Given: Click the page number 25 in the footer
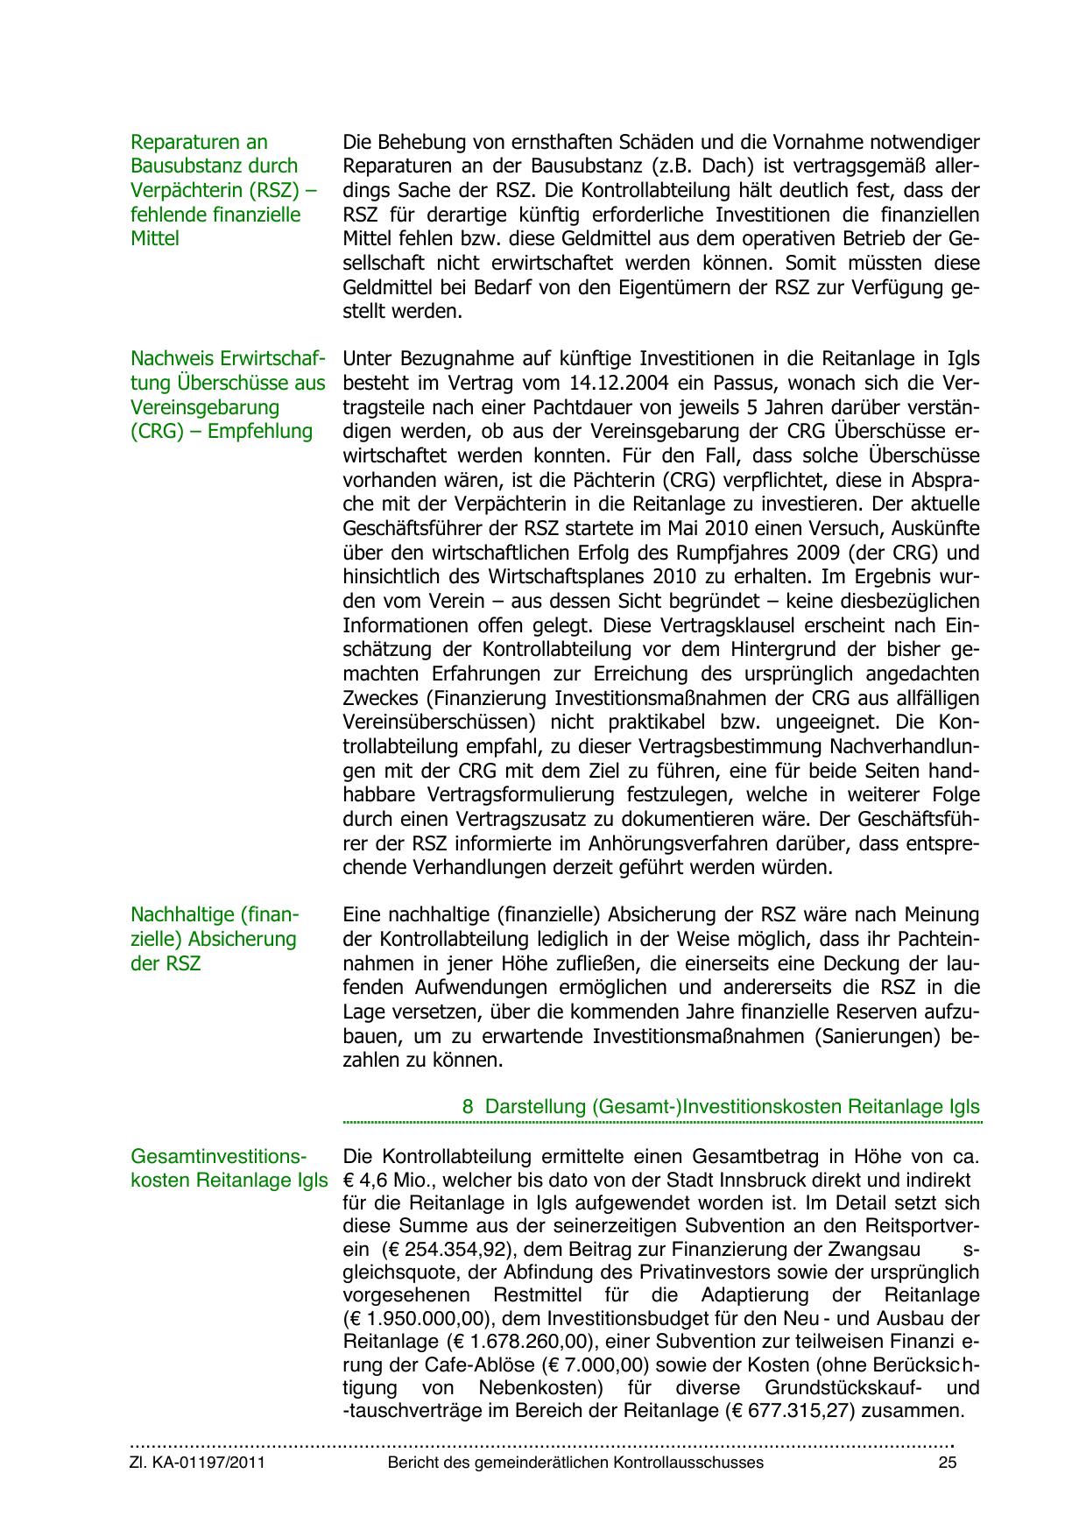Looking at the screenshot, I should [x=947, y=1463].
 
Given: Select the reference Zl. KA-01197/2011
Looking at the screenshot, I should [x=197, y=1463].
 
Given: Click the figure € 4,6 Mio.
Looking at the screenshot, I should [x=384, y=1181].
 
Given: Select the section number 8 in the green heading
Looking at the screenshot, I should [x=468, y=1106].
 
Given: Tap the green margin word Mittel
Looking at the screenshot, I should [x=154, y=239].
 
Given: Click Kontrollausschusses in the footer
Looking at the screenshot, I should [x=688, y=1463].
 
